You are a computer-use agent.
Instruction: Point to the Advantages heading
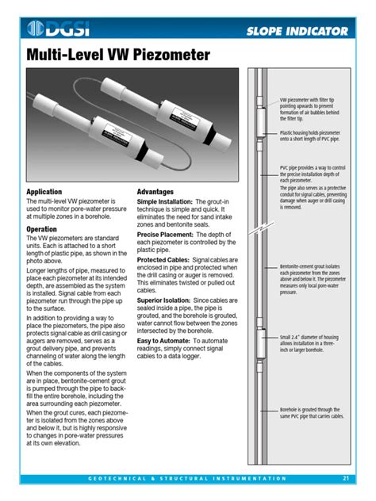(x=155, y=193)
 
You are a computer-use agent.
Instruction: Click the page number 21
(x=347, y=478)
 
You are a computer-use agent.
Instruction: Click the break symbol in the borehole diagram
(x=255, y=231)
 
